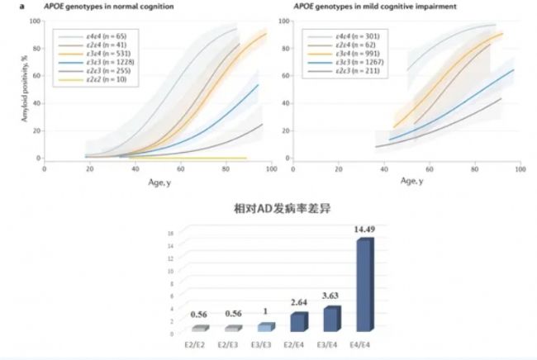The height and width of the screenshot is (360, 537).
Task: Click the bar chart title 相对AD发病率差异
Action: click(x=268, y=210)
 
